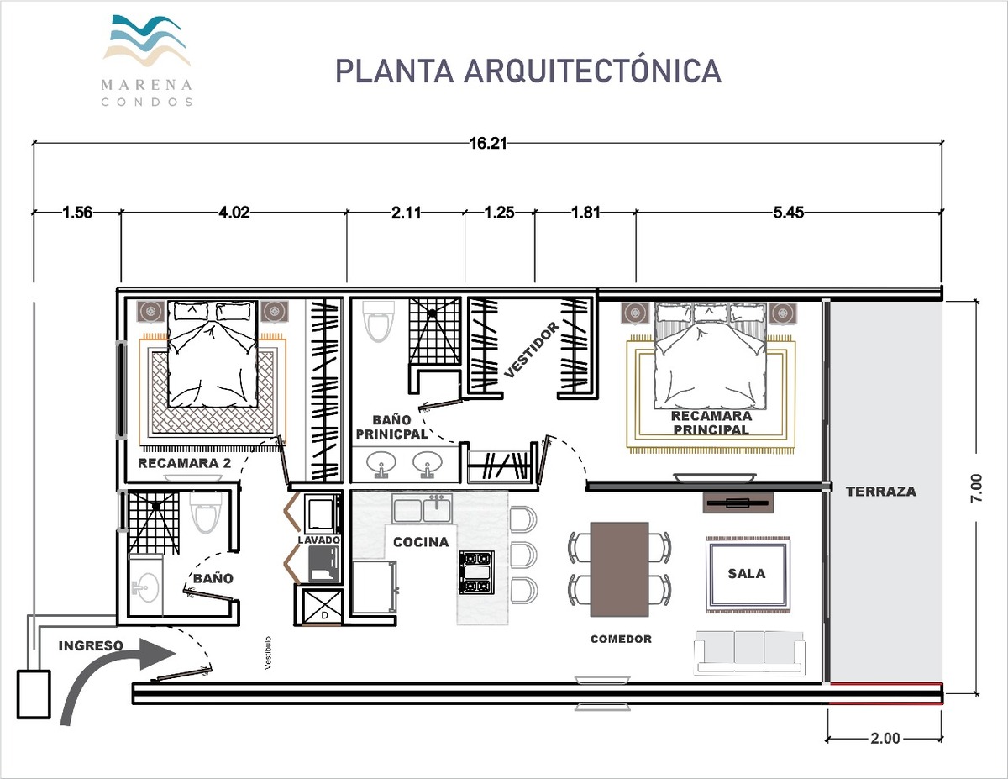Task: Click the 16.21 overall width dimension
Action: [x=488, y=144]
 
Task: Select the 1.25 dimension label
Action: [x=499, y=213]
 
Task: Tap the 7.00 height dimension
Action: [x=976, y=487]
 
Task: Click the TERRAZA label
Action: [x=881, y=492]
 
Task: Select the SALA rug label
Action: [x=747, y=574]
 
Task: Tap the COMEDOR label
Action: [x=621, y=640]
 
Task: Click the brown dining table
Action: [x=619, y=569]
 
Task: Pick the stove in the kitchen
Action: [x=476, y=573]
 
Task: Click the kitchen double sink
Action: [x=423, y=508]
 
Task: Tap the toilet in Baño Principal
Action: [x=380, y=321]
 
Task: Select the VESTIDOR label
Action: [x=532, y=350]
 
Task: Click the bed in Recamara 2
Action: [x=212, y=354]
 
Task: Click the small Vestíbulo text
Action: [x=268, y=653]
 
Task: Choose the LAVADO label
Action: [x=319, y=540]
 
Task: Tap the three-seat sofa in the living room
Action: [x=749, y=651]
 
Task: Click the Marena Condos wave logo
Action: [x=147, y=40]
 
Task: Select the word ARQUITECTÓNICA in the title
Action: [x=592, y=71]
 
